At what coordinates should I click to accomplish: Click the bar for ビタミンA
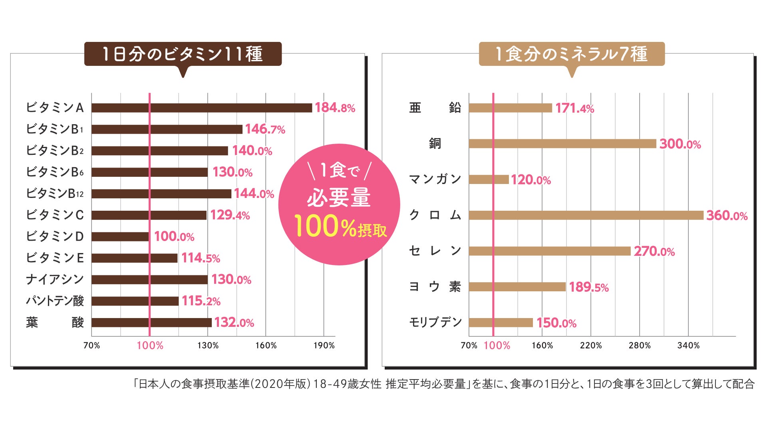(202, 108)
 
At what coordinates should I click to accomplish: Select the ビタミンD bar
(120, 237)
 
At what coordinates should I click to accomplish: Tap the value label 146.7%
(265, 129)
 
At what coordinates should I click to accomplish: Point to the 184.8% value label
(335, 108)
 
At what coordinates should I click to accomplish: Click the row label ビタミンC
(55, 215)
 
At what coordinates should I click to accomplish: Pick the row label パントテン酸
(55, 301)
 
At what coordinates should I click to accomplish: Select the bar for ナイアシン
(149, 279)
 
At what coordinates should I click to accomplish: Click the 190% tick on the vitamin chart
(324, 346)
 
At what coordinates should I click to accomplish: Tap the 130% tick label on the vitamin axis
(208, 346)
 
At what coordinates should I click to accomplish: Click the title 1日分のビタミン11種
(183, 54)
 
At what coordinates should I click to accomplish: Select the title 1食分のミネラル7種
(572, 54)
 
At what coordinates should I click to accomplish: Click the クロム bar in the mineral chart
(586, 215)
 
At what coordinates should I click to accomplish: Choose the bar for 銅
(562, 144)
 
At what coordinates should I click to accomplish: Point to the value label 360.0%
(727, 216)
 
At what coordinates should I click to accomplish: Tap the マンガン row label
(435, 179)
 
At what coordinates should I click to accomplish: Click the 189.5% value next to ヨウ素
(589, 287)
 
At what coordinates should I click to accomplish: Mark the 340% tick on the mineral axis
(688, 346)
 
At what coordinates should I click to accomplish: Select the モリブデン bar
(501, 322)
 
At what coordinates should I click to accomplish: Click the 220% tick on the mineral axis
(591, 346)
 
